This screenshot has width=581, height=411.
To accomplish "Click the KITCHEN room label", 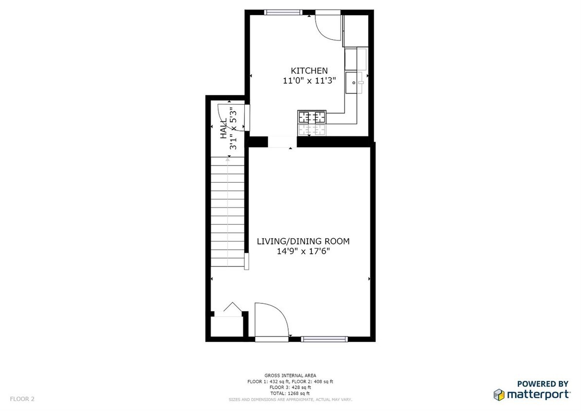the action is point(309,71).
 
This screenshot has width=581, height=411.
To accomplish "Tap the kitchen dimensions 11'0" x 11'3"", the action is point(309,80).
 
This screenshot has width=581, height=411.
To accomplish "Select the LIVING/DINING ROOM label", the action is point(303,241).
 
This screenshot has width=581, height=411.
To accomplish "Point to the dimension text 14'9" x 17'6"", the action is point(304,251).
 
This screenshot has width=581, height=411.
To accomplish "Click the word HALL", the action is point(223,129).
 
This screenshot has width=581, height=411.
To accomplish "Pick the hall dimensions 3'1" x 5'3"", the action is point(233,129).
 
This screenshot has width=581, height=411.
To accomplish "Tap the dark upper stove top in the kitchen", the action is point(312,117).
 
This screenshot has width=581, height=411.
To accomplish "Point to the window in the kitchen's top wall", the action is point(283,12).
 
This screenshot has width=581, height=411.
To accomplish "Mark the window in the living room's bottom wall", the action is point(324,338).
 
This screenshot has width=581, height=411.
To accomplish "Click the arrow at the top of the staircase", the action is point(227,160).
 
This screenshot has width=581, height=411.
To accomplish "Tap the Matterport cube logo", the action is point(499,394).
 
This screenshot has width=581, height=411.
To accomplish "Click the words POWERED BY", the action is point(543,384).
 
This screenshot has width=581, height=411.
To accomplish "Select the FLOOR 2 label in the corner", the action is point(22,399).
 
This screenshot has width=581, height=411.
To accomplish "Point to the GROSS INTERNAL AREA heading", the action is point(290,375).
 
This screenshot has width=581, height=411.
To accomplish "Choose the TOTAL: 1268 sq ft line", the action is point(290,393).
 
